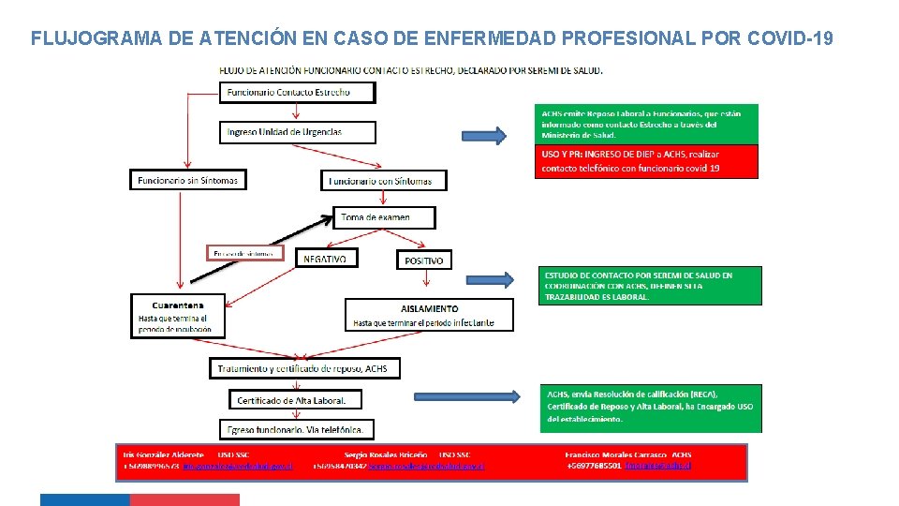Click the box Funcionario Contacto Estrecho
pyautogui.click(x=298, y=92)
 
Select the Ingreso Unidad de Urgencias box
pyautogui.click(x=298, y=132)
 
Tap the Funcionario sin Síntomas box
pyautogui.click(x=188, y=179)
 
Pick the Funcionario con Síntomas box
pyautogui.click(x=385, y=180)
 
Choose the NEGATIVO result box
pyautogui.click(x=325, y=258)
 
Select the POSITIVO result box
pyautogui.click(x=424, y=260)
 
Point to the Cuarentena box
pyautogui.click(x=178, y=317)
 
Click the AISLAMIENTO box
pyautogui.click(x=430, y=315)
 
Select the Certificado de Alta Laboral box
pyautogui.click(x=295, y=400)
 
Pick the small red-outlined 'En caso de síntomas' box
pyautogui.click(x=243, y=253)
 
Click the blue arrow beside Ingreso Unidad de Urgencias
pyautogui.click(x=485, y=136)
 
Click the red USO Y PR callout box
pyautogui.click(x=646, y=161)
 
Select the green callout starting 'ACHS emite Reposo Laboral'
pyautogui.click(x=646, y=124)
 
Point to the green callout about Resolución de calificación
pyautogui.click(x=650, y=408)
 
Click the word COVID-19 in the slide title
pyautogui.click(x=788, y=38)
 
